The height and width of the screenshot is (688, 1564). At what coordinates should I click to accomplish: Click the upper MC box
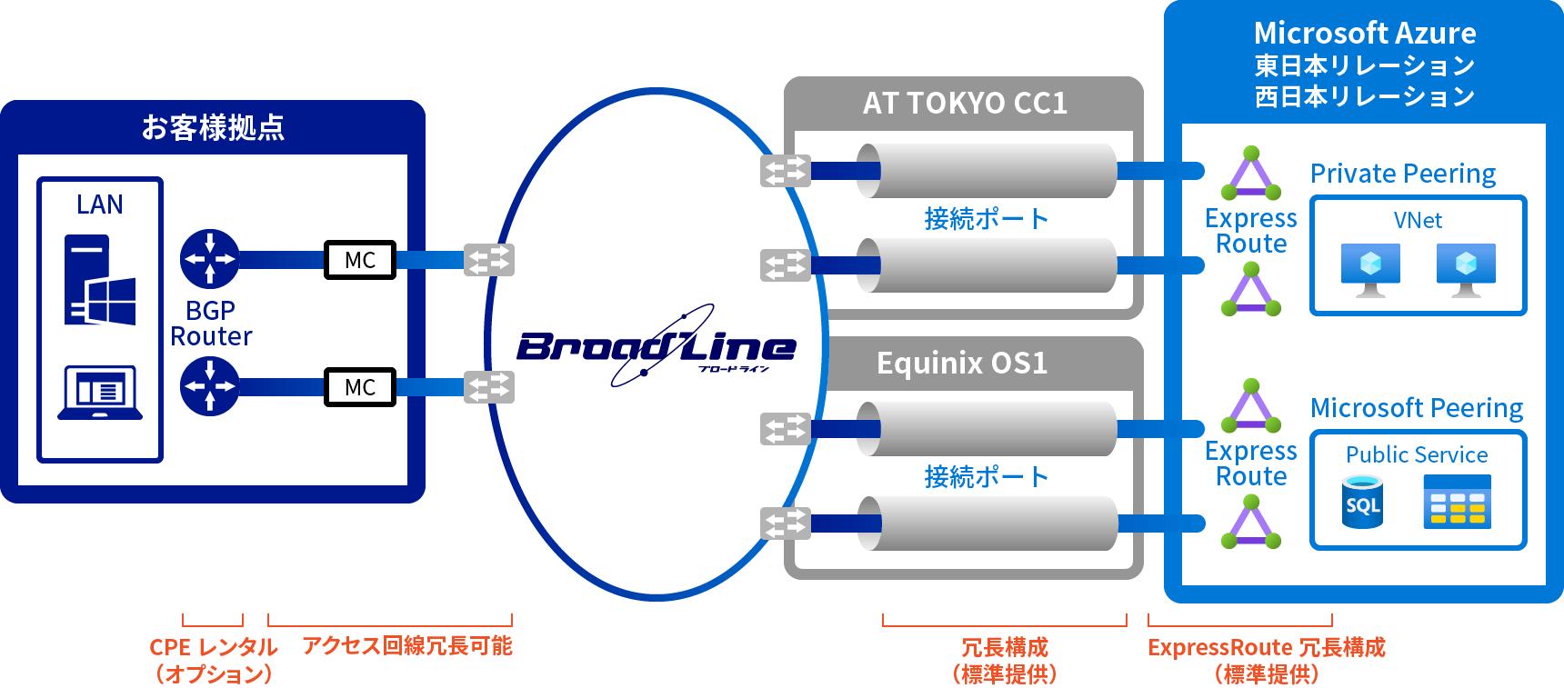coord(360,260)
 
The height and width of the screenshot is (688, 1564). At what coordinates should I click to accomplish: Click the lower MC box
coord(360,387)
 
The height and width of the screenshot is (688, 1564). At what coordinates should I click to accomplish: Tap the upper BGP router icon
coord(210,259)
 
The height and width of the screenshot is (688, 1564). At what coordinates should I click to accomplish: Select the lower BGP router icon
coord(210,386)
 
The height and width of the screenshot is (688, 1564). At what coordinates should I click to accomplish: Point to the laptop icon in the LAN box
coord(100,393)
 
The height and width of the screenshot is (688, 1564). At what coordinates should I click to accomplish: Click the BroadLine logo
coord(657,347)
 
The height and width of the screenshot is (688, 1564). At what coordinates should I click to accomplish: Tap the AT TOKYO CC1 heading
coord(965,104)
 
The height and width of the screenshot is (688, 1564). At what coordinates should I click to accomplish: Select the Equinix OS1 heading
coord(962,364)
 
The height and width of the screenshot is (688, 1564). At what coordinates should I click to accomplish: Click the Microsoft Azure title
coord(1364,34)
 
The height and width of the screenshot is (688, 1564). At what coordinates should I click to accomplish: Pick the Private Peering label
coord(1403,174)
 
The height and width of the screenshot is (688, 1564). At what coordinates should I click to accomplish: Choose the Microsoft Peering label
coord(1417,408)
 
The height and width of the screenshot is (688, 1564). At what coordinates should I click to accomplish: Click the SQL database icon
coord(1362,503)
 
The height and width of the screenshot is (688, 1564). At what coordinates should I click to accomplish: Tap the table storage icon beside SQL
coord(1458,502)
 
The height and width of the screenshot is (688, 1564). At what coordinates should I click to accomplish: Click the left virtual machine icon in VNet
coord(1370,269)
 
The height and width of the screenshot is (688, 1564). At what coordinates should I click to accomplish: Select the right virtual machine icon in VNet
coord(1466,269)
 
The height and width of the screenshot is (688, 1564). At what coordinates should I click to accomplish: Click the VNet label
coord(1418,221)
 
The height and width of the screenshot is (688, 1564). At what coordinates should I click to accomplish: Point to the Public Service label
coord(1417,454)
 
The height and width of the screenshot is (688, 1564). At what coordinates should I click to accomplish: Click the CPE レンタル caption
coord(213,647)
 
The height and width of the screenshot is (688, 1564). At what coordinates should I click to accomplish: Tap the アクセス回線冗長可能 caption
coord(407,646)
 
